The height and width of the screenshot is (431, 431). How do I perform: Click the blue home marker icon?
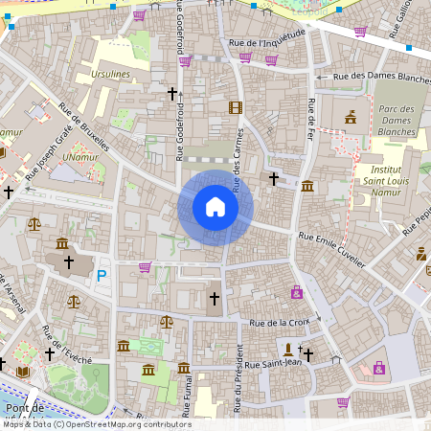(x=215, y=207)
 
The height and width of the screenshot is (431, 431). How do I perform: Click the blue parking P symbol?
(x=102, y=276)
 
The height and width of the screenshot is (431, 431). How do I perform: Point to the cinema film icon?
(x=236, y=107)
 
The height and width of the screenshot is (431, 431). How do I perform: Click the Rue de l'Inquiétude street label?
(x=267, y=44)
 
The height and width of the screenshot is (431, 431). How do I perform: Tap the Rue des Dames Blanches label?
(x=380, y=78)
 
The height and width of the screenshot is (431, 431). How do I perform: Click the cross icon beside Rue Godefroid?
(x=172, y=94)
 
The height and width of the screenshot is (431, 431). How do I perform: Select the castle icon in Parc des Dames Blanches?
(x=350, y=117)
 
